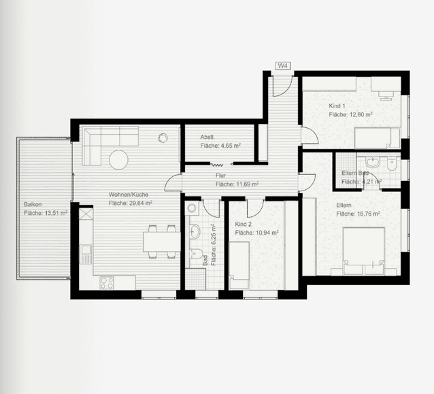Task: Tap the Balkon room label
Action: click(x=33, y=204)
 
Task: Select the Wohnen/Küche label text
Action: click(x=129, y=194)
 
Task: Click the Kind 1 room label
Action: click(x=337, y=106)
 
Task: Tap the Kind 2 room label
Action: click(x=244, y=224)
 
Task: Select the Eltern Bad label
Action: click(x=355, y=173)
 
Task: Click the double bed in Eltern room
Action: click(x=364, y=249)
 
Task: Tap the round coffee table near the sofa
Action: click(x=119, y=159)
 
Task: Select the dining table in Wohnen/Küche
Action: click(x=162, y=241)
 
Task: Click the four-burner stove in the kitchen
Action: click(x=107, y=282)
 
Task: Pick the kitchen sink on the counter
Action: click(x=85, y=255)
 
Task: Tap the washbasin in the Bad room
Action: click(x=194, y=231)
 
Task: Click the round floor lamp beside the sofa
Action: click(x=163, y=138)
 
